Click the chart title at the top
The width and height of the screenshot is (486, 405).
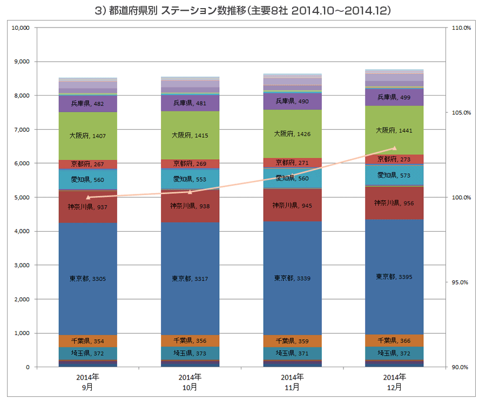(x=243, y=10)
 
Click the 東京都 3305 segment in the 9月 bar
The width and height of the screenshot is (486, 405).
(x=88, y=302)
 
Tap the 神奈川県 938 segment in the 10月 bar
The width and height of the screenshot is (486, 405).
(x=190, y=213)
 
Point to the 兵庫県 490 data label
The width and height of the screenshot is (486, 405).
(x=292, y=101)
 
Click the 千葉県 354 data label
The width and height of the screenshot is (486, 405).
(x=88, y=341)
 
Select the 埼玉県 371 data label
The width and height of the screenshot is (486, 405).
(x=292, y=353)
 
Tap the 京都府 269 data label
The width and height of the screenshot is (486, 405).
(x=190, y=163)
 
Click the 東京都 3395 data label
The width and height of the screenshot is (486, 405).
(x=395, y=276)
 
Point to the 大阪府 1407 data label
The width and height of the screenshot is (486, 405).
(x=88, y=136)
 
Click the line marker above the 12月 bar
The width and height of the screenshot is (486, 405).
(x=395, y=148)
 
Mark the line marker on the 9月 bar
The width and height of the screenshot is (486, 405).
(x=88, y=198)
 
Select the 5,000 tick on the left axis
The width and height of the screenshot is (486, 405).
(x=21, y=197)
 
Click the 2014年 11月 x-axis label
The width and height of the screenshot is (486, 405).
(x=292, y=382)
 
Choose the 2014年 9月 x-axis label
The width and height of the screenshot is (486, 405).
(x=88, y=382)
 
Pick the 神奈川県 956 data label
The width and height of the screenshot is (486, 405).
(x=395, y=203)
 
